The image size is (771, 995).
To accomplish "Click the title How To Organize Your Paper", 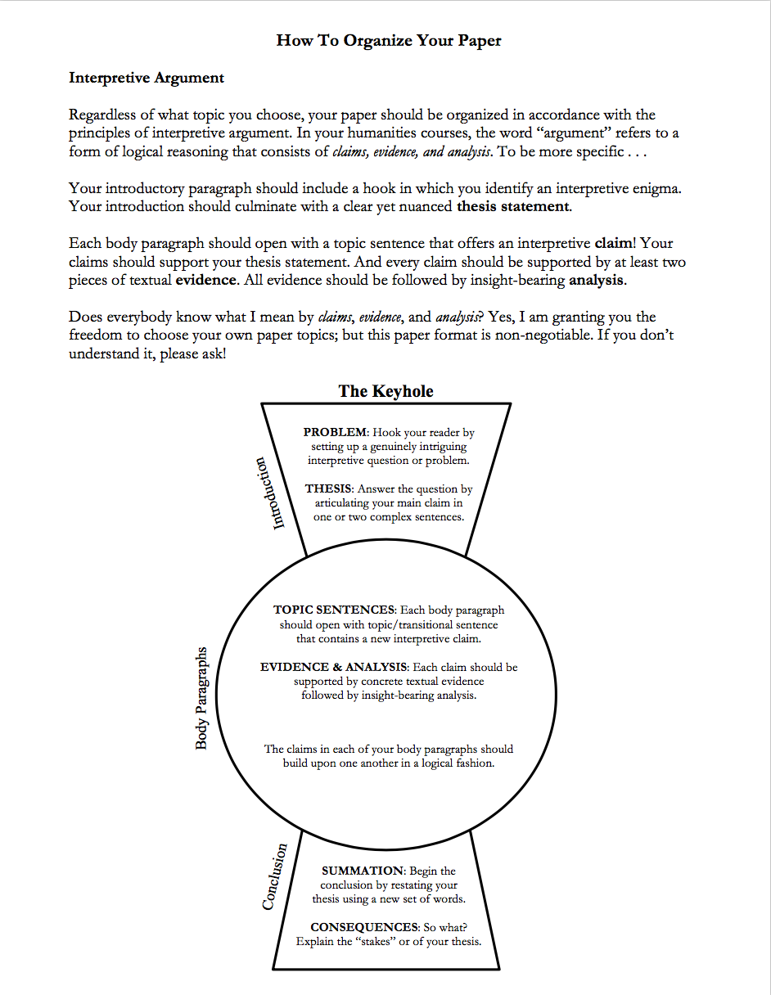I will [389, 41].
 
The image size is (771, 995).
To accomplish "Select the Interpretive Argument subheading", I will [147, 78].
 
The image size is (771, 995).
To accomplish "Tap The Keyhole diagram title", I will [386, 391].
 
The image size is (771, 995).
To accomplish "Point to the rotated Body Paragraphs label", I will [201, 698].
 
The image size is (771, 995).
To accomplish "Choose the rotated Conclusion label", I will [275, 877].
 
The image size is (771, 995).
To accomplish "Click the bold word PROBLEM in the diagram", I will [336, 432].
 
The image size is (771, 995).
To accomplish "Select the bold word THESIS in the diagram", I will [329, 488].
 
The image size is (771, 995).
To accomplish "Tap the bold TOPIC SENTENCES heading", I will [334, 610].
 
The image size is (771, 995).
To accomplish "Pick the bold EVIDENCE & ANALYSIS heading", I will [334, 667].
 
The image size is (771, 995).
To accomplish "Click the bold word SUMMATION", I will [363, 871].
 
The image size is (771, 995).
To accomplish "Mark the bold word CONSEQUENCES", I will [364, 927].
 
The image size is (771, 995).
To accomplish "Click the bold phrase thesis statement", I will [512, 206].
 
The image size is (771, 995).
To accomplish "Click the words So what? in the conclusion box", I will [444, 927].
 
